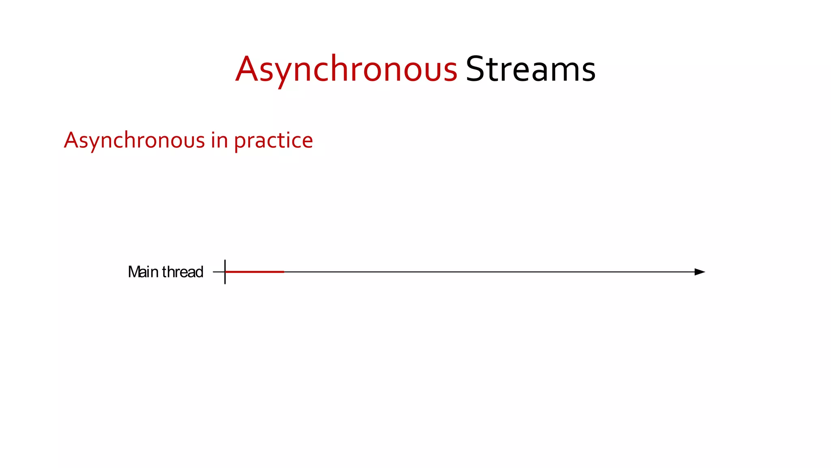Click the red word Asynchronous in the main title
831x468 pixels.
(346, 69)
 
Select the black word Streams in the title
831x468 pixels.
(530, 69)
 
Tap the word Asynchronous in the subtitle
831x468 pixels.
(134, 141)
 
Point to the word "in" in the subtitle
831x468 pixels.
(219, 141)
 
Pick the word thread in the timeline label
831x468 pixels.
(183, 272)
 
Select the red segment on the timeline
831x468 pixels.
(255, 272)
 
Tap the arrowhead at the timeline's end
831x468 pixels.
(700, 272)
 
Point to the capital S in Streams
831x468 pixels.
(475, 69)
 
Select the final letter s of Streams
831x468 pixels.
(588, 71)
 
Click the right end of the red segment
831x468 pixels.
(283, 272)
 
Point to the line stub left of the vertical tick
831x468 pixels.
(218, 272)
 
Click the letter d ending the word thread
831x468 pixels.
(199, 272)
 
